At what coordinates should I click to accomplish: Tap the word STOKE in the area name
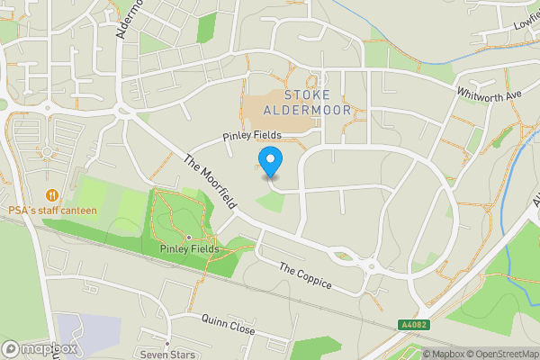coord(307,94)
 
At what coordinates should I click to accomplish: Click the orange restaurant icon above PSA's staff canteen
coord(52,193)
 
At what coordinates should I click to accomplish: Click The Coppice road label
coord(305,277)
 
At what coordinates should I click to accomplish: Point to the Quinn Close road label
coord(229,322)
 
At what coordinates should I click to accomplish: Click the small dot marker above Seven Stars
coord(166,343)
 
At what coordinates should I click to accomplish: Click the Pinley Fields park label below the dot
coord(188,248)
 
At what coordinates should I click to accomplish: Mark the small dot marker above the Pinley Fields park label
coord(188,238)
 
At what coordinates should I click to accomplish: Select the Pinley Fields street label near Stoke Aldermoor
coord(253,135)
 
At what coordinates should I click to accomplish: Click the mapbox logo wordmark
coord(40,348)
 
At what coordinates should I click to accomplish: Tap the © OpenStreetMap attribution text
coord(498,354)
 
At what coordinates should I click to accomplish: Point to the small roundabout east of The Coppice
coord(369,265)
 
